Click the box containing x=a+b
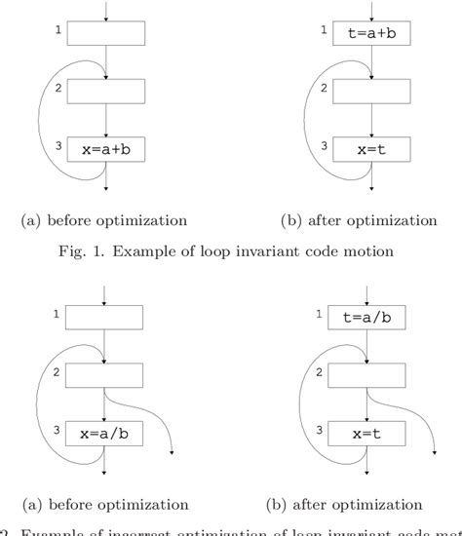click(x=106, y=151)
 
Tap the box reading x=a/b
click(x=105, y=429)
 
